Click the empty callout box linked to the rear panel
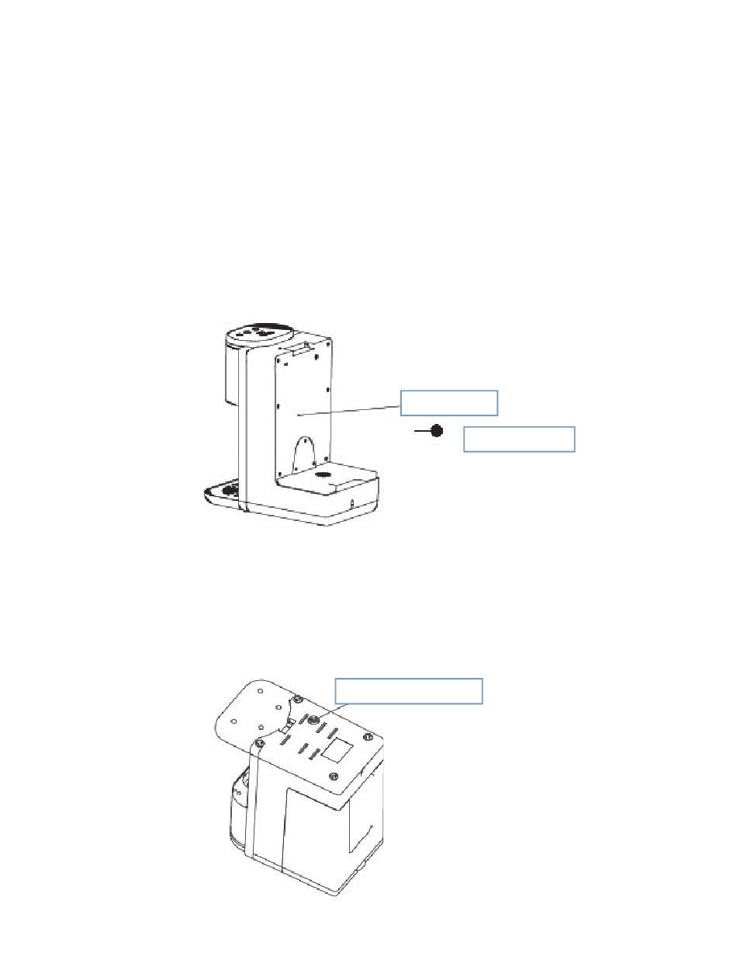coord(448,403)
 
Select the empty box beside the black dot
coord(518,439)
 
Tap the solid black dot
coord(437,430)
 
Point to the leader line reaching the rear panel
coord(349,410)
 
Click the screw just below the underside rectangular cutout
coord(334,777)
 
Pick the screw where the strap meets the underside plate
coord(260,744)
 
